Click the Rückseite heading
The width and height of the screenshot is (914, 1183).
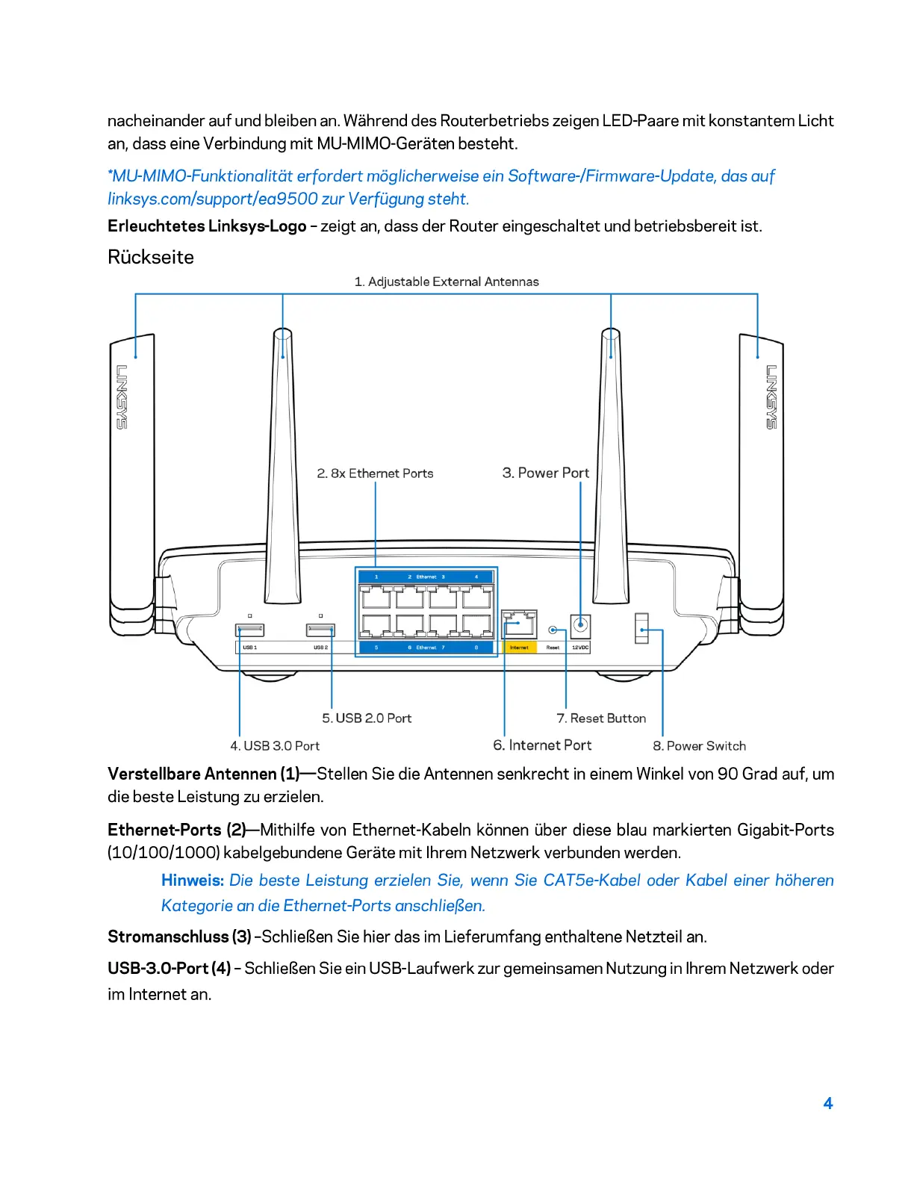pyautogui.click(x=151, y=257)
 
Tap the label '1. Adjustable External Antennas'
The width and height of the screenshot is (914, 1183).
pyautogui.click(x=447, y=282)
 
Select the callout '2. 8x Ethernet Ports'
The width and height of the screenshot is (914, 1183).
pyautogui.click(x=375, y=473)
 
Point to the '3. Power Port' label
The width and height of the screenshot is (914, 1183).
pyautogui.click(x=545, y=473)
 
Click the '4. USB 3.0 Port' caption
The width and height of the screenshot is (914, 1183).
pyautogui.click(x=275, y=745)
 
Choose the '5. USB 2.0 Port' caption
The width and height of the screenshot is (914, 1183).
pyautogui.click(x=367, y=718)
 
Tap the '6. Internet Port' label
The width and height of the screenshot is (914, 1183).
pyautogui.click(x=542, y=745)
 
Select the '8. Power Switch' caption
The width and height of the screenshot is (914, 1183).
pyautogui.click(x=699, y=745)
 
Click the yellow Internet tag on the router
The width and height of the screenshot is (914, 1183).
pyautogui.click(x=519, y=648)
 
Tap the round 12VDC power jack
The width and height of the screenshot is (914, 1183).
pyautogui.click(x=580, y=624)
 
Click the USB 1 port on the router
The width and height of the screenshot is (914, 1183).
pyautogui.click(x=249, y=630)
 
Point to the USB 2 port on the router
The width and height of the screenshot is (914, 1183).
pyautogui.click(x=320, y=630)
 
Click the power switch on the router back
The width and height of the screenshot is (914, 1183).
pyautogui.click(x=641, y=628)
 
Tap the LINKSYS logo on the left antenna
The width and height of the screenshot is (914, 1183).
pyautogui.click(x=122, y=397)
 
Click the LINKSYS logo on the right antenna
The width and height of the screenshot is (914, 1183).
pyautogui.click(x=771, y=397)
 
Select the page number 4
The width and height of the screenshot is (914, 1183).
pyautogui.click(x=827, y=1103)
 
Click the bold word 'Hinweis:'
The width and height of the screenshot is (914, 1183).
pyautogui.click(x=193, y=880)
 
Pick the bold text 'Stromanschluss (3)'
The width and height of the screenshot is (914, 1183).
pyautogui.click(x=179, y=937)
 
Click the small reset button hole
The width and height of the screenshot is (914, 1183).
pyautogui.click(x=553, y=630)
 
